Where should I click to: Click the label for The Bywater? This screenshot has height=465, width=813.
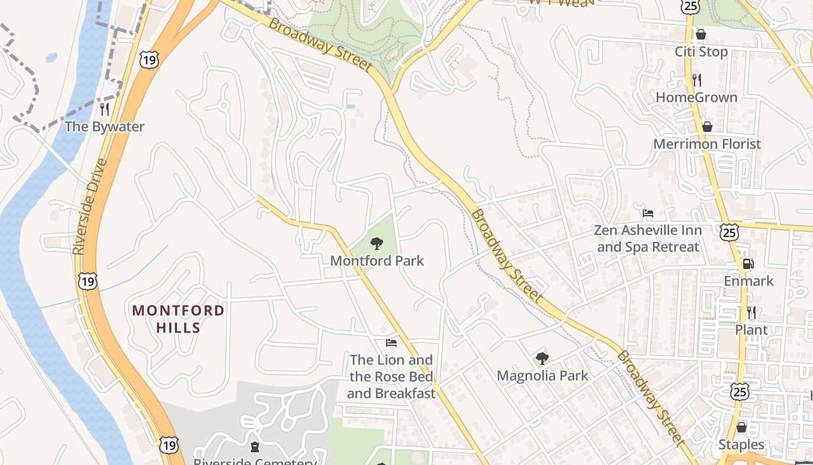pos(104,127)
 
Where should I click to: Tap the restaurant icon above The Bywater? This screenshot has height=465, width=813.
pos(105,109)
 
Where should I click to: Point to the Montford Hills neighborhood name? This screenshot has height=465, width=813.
pos(178,319)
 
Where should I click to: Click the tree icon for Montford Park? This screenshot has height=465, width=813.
pos(377,244)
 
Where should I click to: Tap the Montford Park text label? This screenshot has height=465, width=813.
pos(377,261)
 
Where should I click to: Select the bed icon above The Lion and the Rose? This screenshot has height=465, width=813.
pos(391,343)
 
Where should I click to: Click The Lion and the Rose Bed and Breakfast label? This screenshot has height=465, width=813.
pos(391,377)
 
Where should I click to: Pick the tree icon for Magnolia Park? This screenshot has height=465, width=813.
pos(542,359)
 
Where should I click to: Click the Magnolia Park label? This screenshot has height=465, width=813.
pos(542,376)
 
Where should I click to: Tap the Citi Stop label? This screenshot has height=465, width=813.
pos(701,52)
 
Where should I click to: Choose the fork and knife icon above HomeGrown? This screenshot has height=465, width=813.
pos(697,80)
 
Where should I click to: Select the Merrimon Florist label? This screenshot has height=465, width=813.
pos(707,144)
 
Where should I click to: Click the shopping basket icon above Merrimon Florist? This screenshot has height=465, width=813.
pos(707,127)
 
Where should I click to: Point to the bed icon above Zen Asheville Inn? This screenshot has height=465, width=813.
pos(648,213)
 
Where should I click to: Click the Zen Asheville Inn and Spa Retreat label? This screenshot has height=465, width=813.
pos(648,239)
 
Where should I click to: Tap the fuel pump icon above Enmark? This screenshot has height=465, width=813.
pos(749,264)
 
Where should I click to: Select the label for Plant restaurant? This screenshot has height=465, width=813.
pos(751,330)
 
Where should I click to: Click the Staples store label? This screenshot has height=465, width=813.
pos(742,445)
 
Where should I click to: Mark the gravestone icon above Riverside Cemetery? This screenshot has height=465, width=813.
pos(255,447)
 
